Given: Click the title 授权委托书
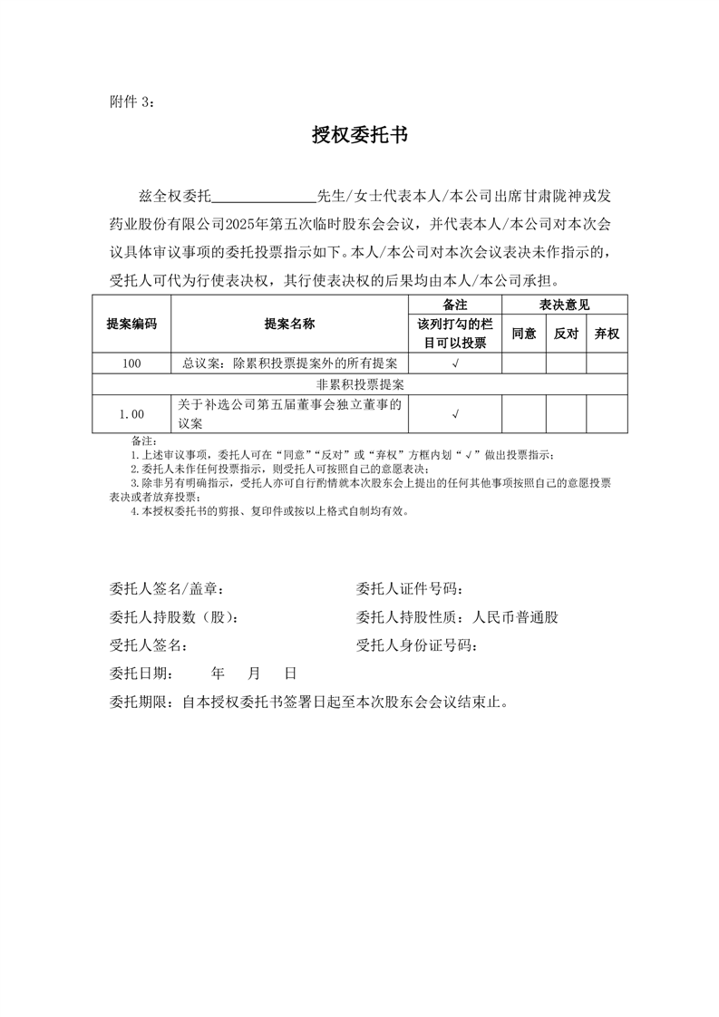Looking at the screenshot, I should [x=359, y=136].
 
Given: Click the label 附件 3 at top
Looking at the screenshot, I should [x=131, y=102].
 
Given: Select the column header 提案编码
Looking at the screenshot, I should [x=131, y=324].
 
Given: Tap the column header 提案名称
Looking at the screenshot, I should [x=289, y=324].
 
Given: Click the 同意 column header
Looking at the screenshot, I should [x=524, y=334].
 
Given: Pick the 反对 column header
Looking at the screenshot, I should [x=566, y=334].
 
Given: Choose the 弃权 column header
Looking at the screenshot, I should [x=607, y=334].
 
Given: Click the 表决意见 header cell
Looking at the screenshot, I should [x=565, y=305].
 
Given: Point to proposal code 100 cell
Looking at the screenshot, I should [x=131, y=363].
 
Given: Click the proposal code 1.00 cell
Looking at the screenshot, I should [x=131, y=414].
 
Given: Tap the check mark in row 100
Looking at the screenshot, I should [x=454, y=363].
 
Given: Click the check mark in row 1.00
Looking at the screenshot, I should [x=454, y=414].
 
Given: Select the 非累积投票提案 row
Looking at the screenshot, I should [x=360, y=384].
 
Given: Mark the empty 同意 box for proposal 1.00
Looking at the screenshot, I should [x=524, y=414].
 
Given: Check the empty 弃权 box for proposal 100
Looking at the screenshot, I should [x=607, y=363].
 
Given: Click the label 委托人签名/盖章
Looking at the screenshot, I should [x=167, y=589].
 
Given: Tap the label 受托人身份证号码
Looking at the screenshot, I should [x=417, y=645].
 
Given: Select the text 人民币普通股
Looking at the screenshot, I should [x=516, y=617].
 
